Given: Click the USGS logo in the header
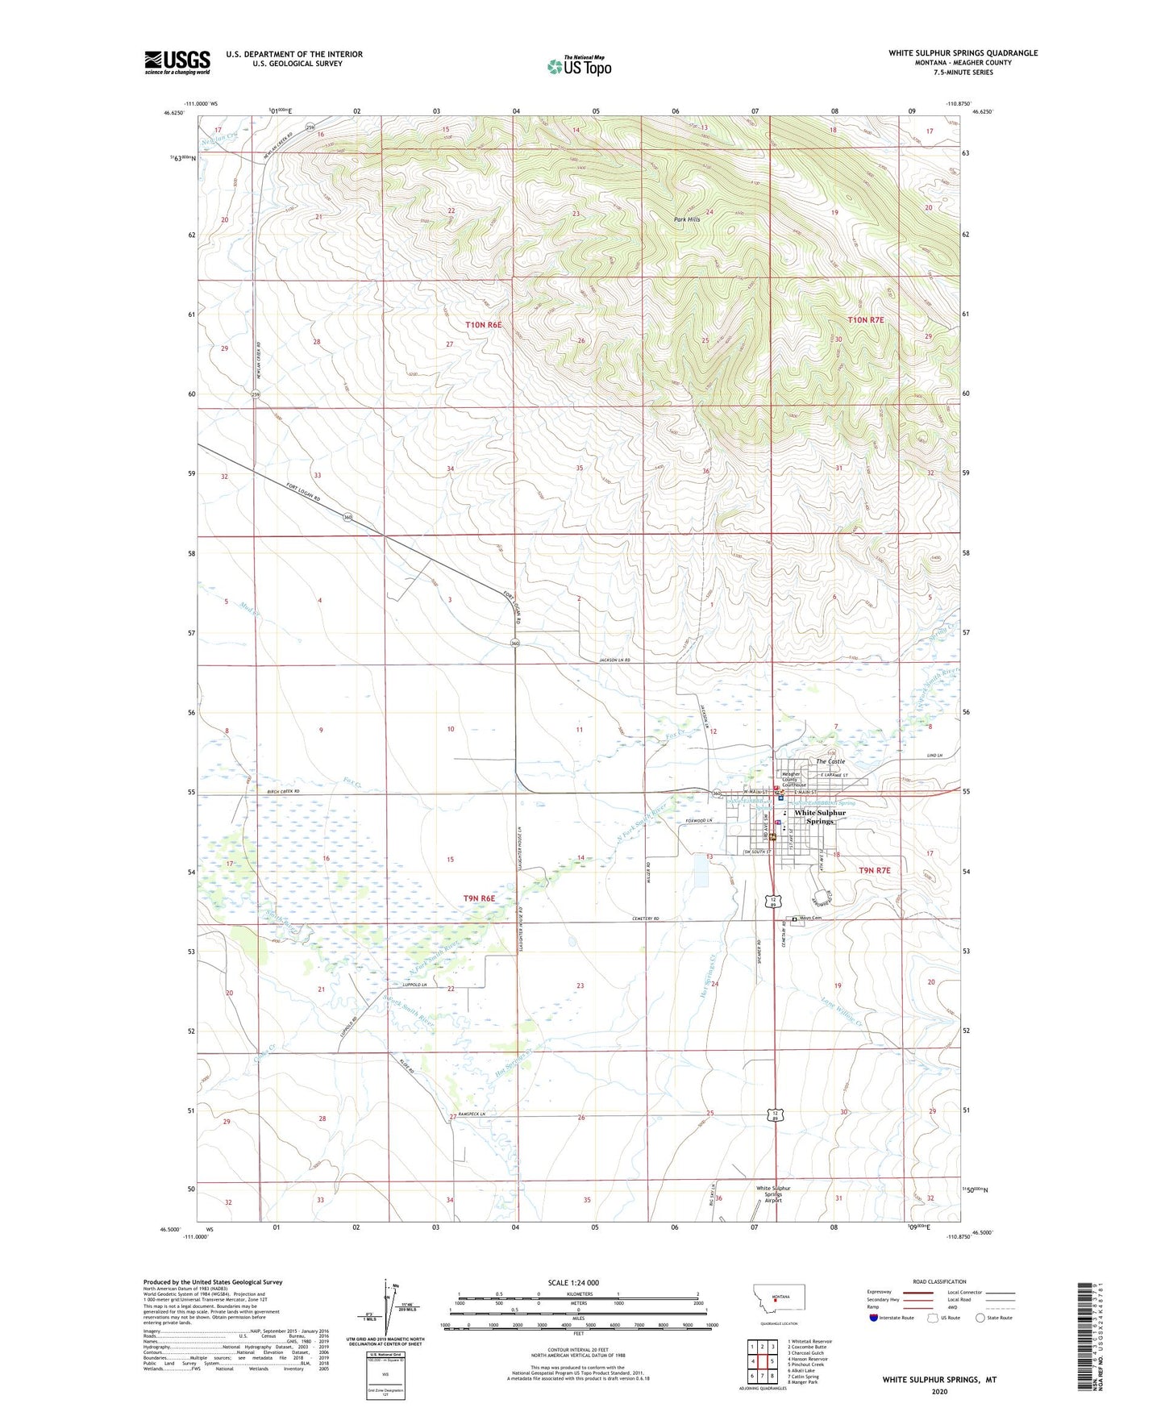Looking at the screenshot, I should pos(177,62).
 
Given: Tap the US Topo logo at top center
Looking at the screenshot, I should pos(579,66).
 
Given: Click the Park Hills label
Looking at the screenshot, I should pos(687,219).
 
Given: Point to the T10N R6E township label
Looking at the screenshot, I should pos(483,324).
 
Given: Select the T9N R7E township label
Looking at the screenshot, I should pos(874,870).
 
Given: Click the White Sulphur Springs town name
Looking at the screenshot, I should pos(820,817).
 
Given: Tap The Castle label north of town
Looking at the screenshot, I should pos(830,761).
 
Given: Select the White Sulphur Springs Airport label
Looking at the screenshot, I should pos(773,1194).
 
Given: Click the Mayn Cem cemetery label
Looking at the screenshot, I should pos(810,919).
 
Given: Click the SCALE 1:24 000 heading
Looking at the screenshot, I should pos(573,1282).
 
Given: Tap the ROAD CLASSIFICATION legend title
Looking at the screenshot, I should pos(939,1281).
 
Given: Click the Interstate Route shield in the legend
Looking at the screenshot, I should pos(875,1318).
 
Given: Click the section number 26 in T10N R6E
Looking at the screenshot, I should pos(580,341).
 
